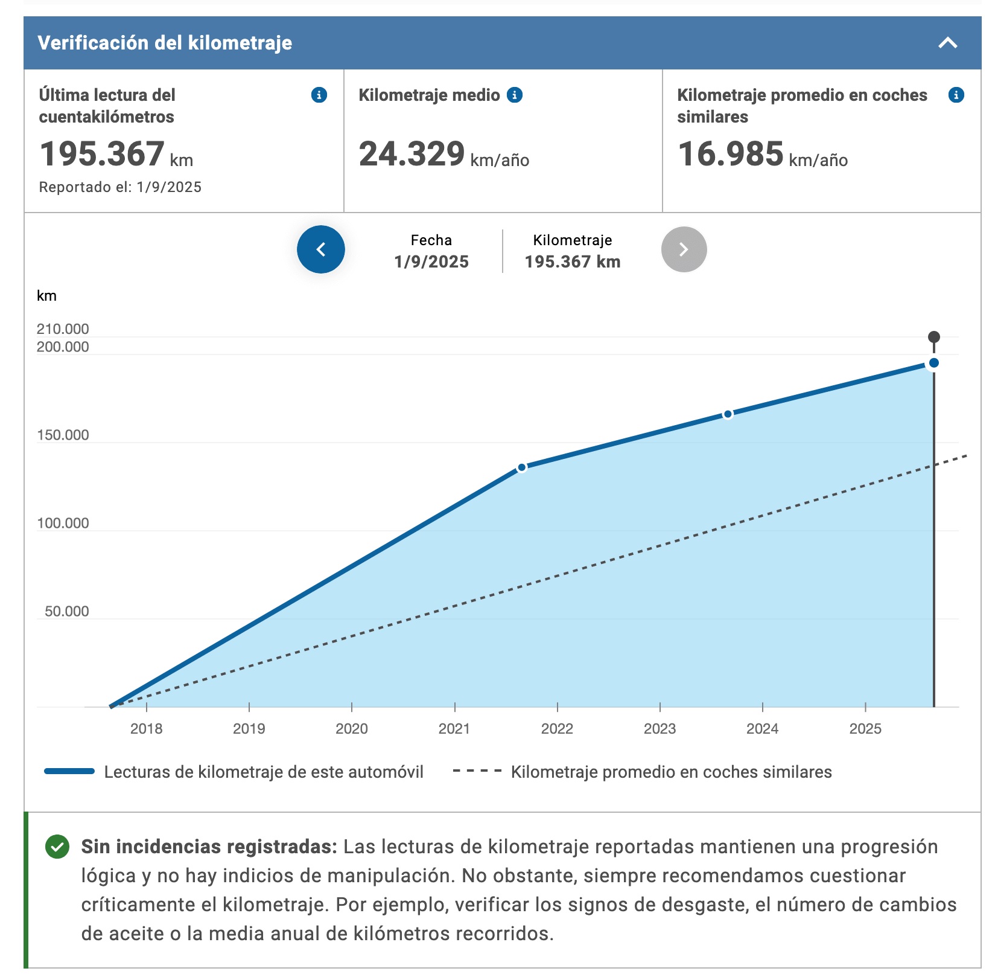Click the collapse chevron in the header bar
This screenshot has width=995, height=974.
coord(948,43)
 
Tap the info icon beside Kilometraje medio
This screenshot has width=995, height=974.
coord(515,95)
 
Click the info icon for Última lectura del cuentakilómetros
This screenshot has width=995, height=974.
coord(319,95)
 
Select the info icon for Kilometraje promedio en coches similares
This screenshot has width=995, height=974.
coord(956,95)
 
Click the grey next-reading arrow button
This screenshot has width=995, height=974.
coord(684,249)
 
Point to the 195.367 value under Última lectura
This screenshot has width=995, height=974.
coord(102,153)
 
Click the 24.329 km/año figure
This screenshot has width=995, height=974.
coord(443,154)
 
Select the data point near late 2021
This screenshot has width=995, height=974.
coord(522,467)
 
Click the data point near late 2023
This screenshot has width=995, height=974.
coord(728,414)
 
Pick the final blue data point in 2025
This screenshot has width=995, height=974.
coord(933,363)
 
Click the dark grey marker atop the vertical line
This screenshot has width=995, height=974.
coord(933,337)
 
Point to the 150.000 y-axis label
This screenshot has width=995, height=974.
coord(63,435)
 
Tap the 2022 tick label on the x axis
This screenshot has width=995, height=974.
coord(557,729)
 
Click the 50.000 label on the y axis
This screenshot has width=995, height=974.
coord(66,611)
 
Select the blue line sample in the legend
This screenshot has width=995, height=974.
coord(69,771)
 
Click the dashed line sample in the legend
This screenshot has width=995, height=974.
coord(477,771)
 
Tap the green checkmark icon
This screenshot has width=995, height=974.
coord(57,847)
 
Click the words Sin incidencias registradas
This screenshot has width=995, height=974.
coord(209,847)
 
